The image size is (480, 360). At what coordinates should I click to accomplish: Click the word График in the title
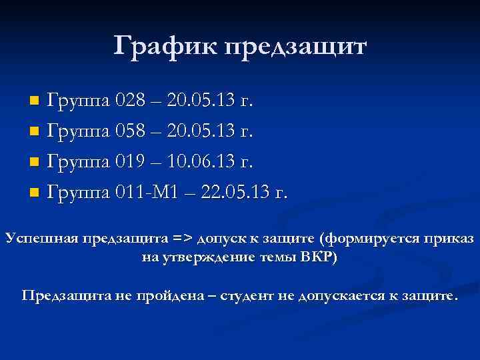click(165, 47)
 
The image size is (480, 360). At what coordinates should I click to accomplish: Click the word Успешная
click(41, 239)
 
